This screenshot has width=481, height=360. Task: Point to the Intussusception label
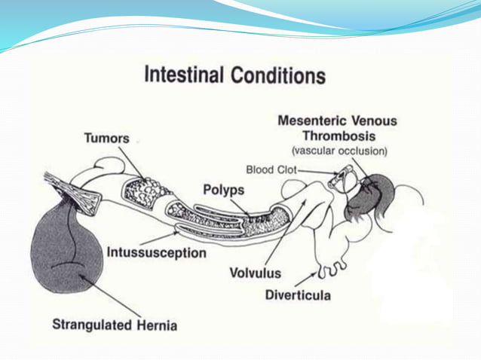(156, 253)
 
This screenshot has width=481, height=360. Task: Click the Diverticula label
(298, 294)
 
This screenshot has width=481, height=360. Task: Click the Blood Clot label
(271, 170)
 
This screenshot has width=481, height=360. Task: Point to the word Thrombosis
(337, 136)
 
